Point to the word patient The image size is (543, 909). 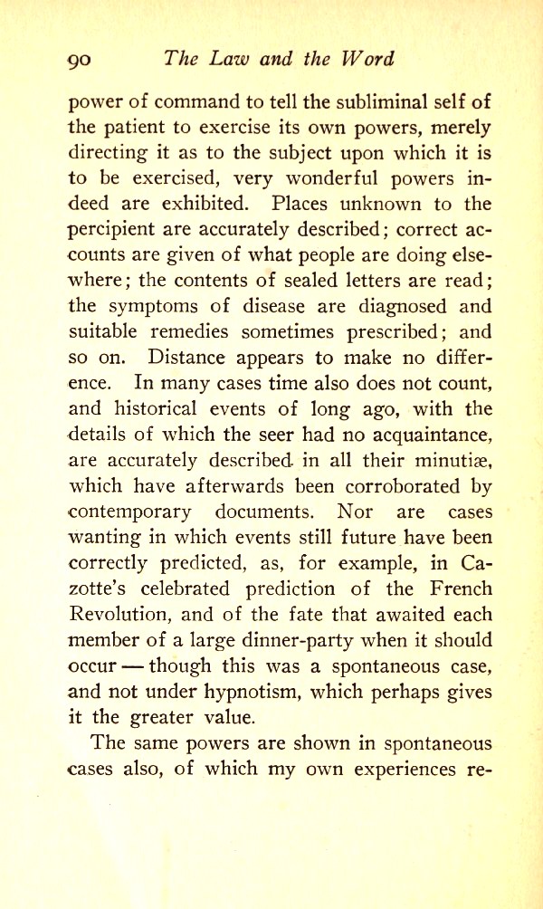point(132,128)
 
